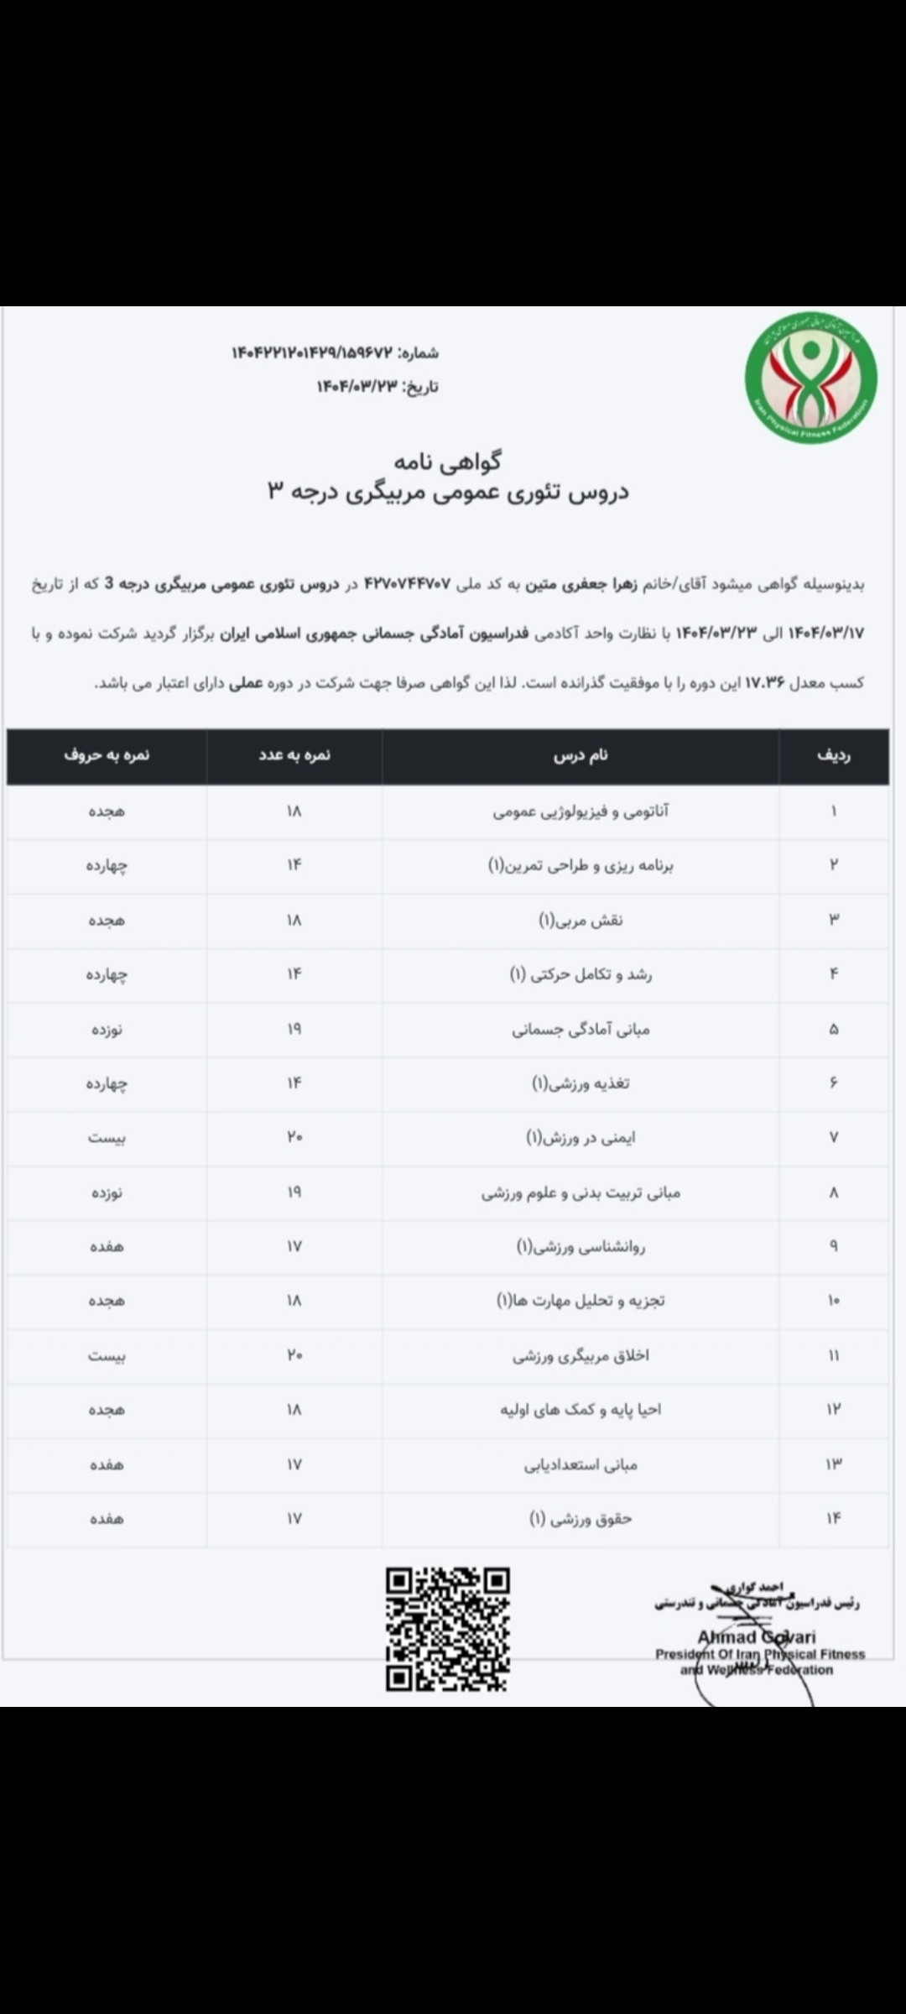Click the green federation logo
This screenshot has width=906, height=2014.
810,378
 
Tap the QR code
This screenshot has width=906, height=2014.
447,1629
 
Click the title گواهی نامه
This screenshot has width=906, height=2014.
447,461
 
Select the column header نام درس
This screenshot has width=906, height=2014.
581,755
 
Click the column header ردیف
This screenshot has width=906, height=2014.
833,755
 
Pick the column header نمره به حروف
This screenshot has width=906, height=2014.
107,755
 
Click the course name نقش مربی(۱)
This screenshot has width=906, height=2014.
581,920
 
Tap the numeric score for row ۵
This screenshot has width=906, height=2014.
294,1029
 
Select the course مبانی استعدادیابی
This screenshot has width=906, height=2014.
581,1464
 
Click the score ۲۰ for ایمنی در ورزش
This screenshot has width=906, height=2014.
294,1137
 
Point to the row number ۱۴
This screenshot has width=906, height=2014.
833,1518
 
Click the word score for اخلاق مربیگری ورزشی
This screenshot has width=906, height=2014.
107,1355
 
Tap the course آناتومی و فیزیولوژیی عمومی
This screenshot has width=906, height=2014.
581,811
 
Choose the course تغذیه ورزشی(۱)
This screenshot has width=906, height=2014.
581,1083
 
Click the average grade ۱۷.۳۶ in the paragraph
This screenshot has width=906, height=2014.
764,683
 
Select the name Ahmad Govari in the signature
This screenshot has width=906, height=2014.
757,1637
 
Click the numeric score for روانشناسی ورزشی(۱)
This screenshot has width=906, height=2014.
294,1246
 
